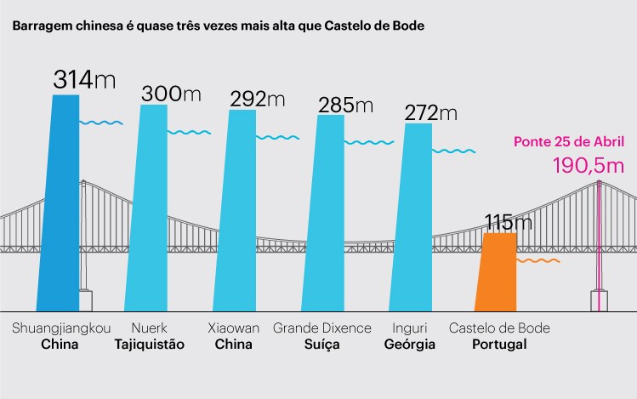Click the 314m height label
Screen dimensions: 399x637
pyautogui.click(x=84, y=80)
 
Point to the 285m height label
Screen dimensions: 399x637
pyautogui.click(x=345, y=105)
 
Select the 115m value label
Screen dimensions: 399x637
pyautogui.click(x=509, y=223)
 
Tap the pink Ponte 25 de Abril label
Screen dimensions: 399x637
pyautogui.click(x=570, y=142)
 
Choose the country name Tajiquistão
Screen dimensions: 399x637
pyautogui.click(x=149, y=345)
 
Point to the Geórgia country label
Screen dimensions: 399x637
pyautogui.click(x=410, y=345)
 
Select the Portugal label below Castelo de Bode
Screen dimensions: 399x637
pyautogui.click(x=498, y=345)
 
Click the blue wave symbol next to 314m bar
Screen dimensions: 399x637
pyautogui.click(x=101, y=123)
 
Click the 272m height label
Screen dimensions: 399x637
pyautogui.click(x=431, y=113)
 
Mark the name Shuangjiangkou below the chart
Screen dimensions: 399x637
pyautogui.click(x=61, y=328)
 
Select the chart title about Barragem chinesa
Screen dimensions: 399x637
pyautogui.click(x=218, y=26)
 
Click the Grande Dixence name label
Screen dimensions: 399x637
pyautogui.click(x=322, y=328)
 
